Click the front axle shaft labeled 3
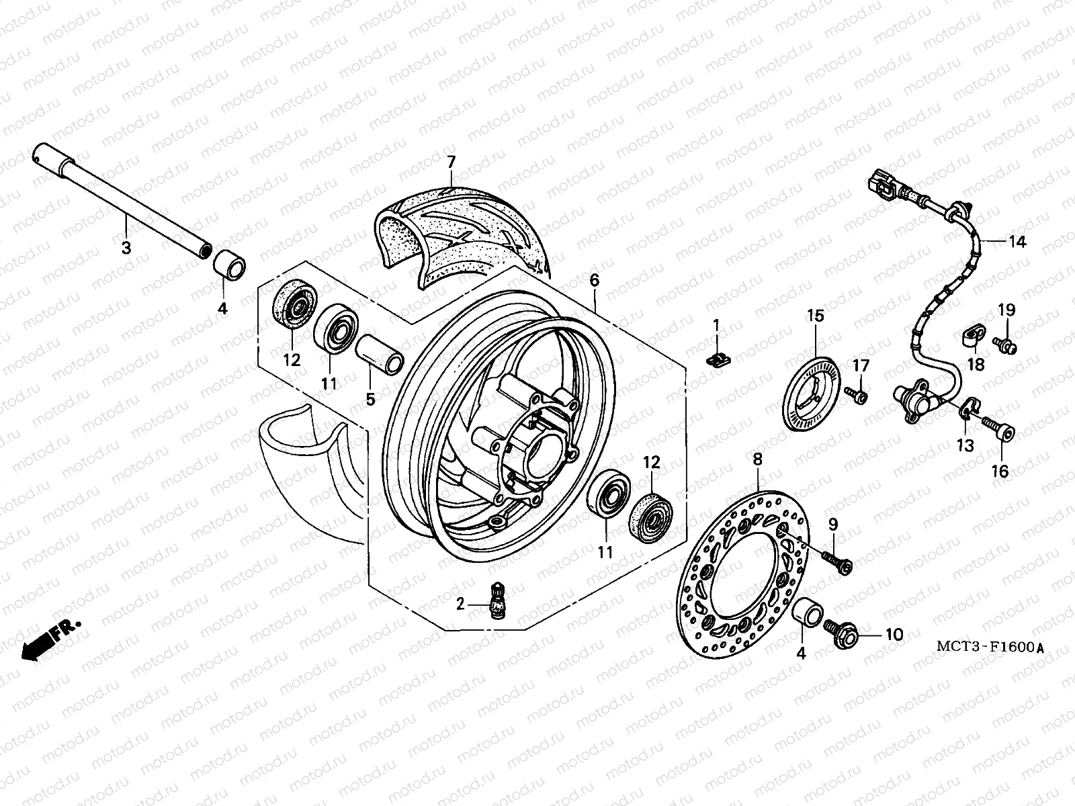point(121,201)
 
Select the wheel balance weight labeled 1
point(718,360)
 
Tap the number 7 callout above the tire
point(451,161)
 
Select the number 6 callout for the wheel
point(594,280)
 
